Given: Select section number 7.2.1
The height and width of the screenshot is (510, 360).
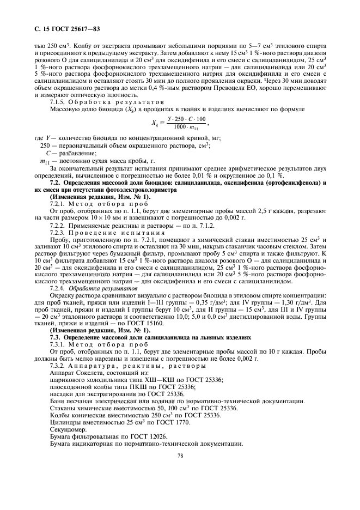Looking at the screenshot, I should [58, 203].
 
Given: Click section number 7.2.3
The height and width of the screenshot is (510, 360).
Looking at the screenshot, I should [58, 232].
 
